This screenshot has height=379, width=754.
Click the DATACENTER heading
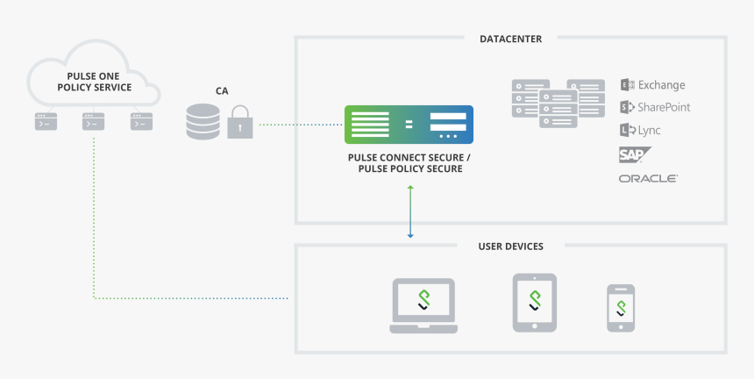pos(510,39)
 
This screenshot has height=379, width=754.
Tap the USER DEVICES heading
pos(510,247)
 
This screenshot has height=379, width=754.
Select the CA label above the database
pos(223,90)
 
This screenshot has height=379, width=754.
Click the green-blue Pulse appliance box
pos(409,125)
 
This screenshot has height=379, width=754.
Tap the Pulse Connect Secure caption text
pos(409,162)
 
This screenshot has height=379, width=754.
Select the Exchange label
pos(661,85)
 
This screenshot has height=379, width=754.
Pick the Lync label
pos(650,130)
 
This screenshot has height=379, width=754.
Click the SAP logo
pos(633,155)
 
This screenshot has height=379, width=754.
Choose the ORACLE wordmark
pos(648,178)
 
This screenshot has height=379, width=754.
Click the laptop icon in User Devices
pos(423,305)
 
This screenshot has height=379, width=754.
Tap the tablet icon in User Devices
pos(535,302)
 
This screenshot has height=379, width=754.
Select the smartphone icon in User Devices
pos(621,308)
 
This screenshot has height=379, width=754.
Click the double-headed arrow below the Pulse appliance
pos(409,211)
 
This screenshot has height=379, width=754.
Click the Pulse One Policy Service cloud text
pos(94,82)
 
